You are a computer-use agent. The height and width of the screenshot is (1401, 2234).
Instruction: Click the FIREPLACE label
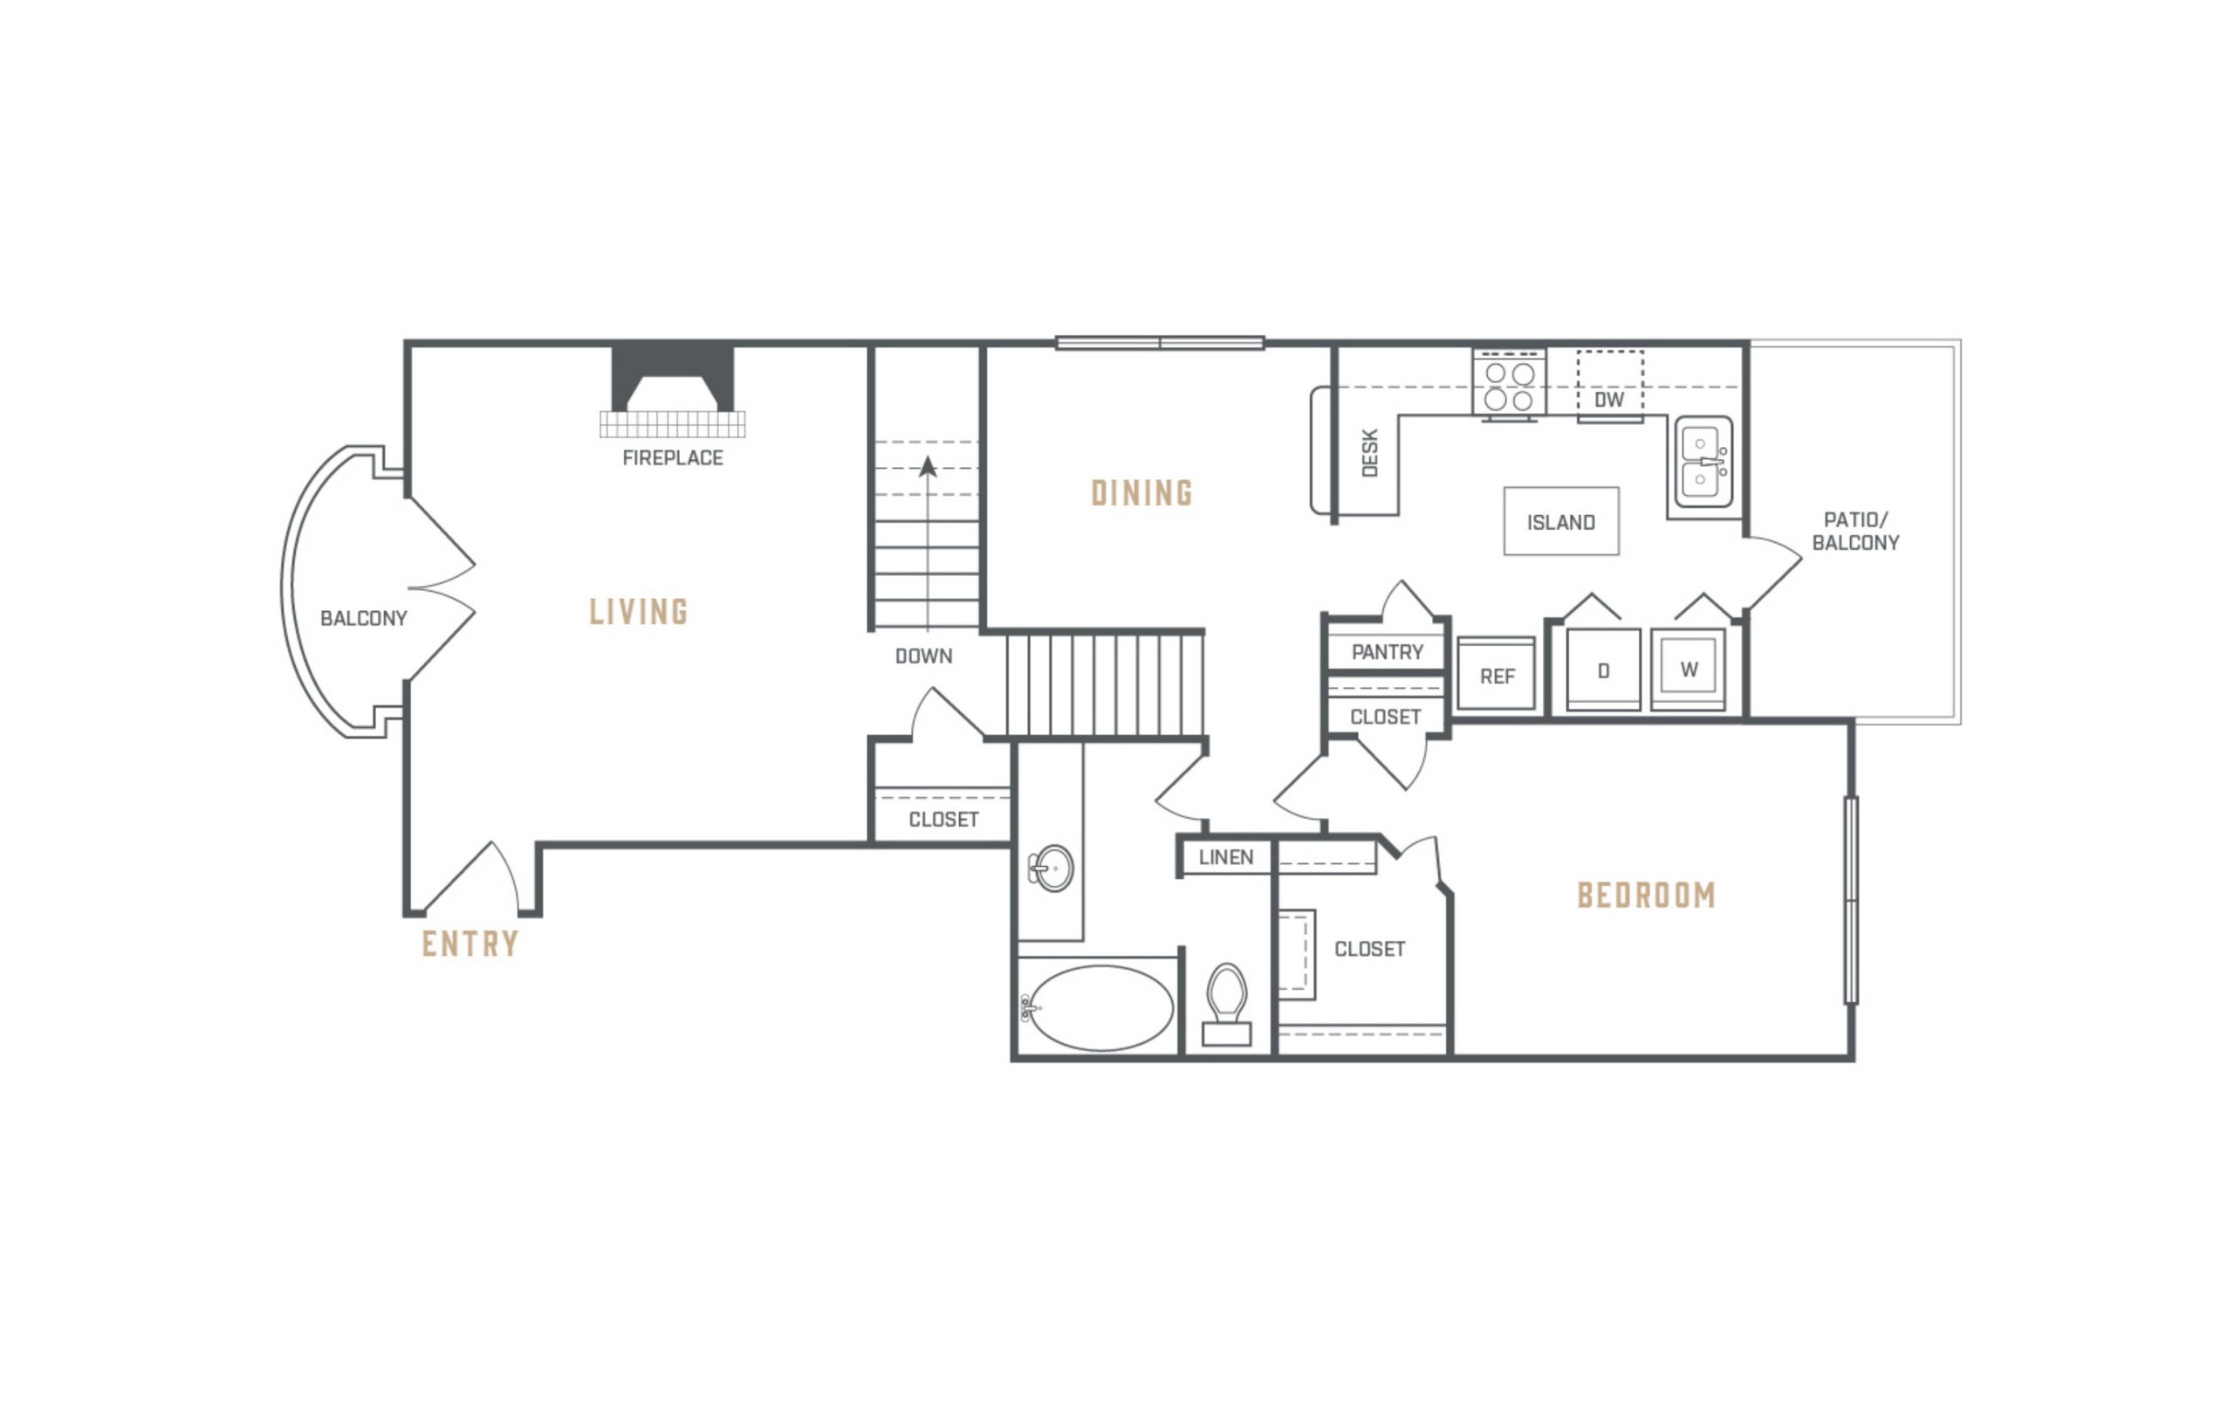[673, 457]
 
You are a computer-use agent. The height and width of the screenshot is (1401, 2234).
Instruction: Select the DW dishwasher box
[1610, 385]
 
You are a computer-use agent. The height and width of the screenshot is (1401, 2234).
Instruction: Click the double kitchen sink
[1703, 462]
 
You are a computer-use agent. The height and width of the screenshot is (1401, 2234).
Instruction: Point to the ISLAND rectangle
[1560, 522]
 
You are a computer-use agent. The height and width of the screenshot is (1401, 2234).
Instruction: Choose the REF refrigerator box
[1496, 675]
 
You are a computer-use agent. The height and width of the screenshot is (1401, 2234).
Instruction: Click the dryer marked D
[1603, 670]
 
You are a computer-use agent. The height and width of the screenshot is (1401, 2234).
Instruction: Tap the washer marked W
[1689, 668]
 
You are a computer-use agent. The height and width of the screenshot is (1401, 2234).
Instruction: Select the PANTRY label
[1387, 652]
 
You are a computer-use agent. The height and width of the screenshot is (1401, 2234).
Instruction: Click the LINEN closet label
[1225, 857]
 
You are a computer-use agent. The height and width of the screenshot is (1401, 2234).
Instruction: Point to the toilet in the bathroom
[1226, 1006]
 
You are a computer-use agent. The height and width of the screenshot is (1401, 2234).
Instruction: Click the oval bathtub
[1100, 1008]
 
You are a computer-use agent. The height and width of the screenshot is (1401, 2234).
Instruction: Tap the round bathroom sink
[1052, 869]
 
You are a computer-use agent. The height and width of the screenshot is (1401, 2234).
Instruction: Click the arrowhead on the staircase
[927, 466]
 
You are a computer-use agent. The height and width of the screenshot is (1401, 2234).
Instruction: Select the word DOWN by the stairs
[923, 656]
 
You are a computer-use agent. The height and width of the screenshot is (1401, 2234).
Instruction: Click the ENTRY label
[470, 944]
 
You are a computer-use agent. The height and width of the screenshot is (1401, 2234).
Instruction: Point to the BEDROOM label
[1646, 895]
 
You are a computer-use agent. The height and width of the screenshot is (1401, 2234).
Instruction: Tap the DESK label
[1370, 453]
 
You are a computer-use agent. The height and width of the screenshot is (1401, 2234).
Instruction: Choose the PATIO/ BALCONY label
[1855, 531]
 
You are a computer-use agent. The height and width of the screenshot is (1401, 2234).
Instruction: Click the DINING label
[1142, 493]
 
